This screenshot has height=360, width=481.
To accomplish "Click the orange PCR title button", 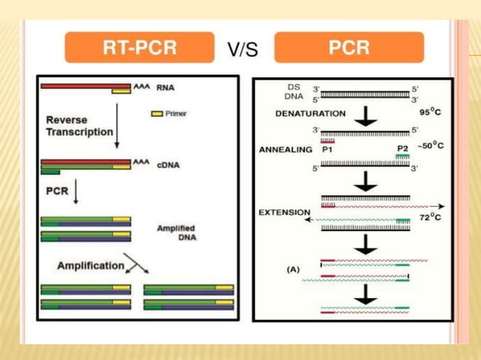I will tap(348, 48).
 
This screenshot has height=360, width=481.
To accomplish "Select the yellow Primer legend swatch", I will tap(157, 114).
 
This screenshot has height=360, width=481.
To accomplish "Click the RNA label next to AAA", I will tap(165, 87).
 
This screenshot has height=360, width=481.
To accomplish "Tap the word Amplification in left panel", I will tap(90, 265).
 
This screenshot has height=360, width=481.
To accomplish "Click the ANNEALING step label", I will tap(285, 149).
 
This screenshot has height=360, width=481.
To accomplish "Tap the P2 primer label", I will tap(403, 148).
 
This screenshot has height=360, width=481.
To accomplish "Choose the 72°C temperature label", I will tap(430, 217).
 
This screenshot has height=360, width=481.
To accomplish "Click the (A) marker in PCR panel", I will tap(295, 268).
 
